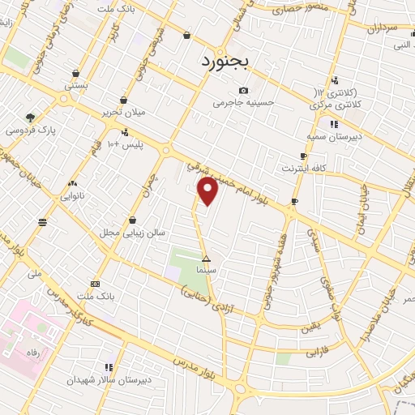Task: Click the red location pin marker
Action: tap(208, 190)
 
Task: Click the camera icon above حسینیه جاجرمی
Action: tap(243, 90)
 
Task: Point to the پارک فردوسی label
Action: tap(28, 130)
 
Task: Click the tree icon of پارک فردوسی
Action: tap(31, 117)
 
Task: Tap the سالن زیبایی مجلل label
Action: tap(132, 233)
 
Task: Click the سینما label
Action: tap(206, 270)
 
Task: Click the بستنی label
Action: tap(76, 84)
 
